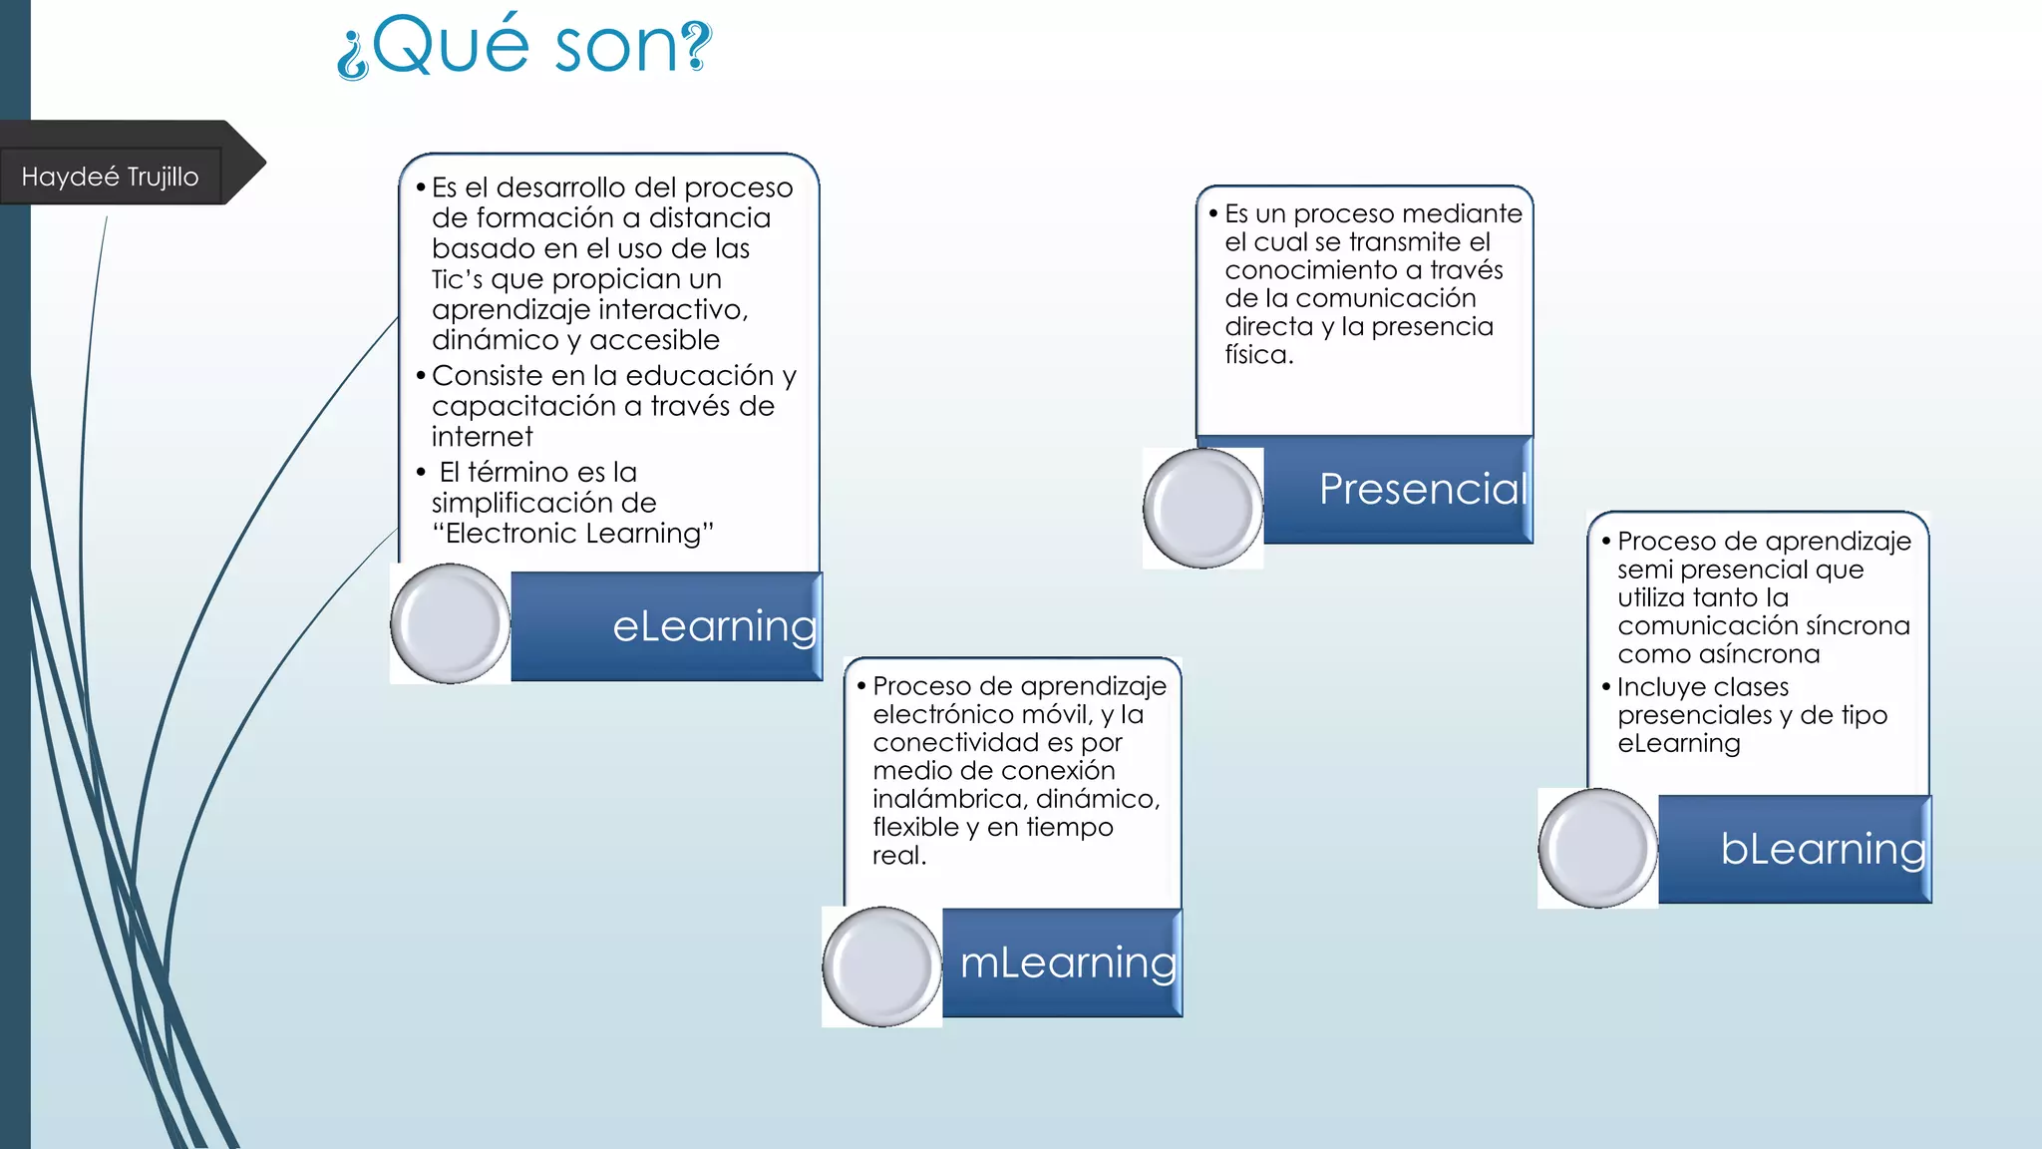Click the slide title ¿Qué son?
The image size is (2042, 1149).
[524, 46]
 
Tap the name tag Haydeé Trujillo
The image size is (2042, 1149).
[110, 177]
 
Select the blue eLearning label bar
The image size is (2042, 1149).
[666, 626]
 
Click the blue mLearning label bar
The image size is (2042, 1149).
[1062, 962]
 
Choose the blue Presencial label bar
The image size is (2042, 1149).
[1398, 490]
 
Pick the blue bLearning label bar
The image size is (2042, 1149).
[1795, 849]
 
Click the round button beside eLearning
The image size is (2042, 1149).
[451, 623]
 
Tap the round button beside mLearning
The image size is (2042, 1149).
[881, 966]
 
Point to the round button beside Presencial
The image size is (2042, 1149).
[1202, 509]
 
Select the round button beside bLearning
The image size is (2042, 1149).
[1597, 848]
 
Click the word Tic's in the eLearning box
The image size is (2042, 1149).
[457, 279]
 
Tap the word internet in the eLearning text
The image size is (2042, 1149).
[482, 437]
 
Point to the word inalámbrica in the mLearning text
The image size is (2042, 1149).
[948, 799]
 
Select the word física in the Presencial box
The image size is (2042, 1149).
[1258, 355]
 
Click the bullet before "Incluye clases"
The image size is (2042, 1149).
[1606, 687]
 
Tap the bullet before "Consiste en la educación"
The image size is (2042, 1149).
[421, 376]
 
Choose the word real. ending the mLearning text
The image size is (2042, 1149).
[898, 856]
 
